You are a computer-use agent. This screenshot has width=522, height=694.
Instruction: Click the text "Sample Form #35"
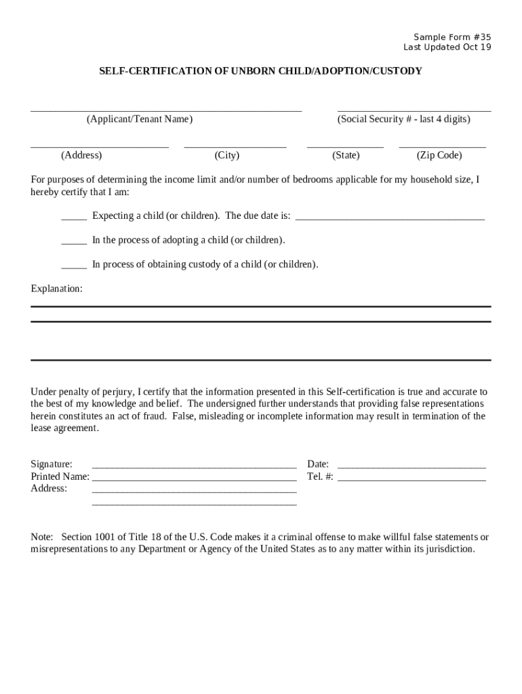(452, 37)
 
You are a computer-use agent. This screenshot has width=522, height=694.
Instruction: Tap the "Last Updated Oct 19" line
(447, 47)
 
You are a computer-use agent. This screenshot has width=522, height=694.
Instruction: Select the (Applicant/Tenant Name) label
(139, 119)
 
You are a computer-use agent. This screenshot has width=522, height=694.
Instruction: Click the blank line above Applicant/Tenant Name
(166, 108)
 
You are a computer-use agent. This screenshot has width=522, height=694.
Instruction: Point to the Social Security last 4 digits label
(403, 119)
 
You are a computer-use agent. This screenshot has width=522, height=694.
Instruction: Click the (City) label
(227, 155)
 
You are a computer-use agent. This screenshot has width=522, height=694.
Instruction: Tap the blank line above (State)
(345, 145)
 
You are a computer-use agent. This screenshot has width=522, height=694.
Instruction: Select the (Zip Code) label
(439, 155)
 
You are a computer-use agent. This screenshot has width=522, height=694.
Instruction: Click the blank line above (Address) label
(100, 145)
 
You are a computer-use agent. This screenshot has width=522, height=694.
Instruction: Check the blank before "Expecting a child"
(74, 218)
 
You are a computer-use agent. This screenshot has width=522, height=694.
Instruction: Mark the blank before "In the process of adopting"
(74, 243)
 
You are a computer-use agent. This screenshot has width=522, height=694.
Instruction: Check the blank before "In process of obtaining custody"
(74, 267)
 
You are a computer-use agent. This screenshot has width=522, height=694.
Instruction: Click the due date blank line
(390, 218)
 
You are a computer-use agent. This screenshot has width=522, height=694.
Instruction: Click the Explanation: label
(57, 289)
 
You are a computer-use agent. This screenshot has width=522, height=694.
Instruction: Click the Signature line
(194, 466)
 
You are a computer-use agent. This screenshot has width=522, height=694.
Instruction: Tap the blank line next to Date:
(411, 466)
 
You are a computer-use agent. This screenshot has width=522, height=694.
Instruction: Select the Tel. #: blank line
(411, 478)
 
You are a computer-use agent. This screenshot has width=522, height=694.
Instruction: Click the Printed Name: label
(60, 476)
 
